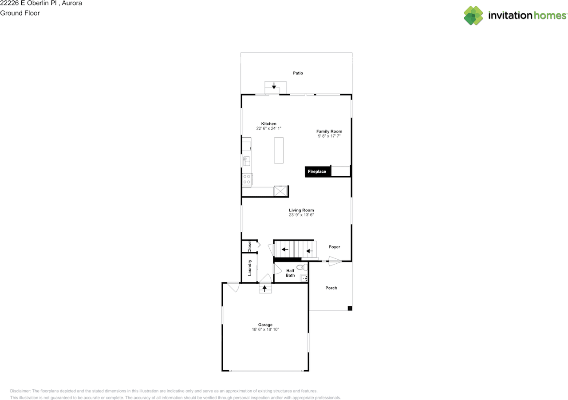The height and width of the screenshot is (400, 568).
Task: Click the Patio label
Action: [x=298, y=73]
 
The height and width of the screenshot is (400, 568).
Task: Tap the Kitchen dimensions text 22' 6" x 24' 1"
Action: [x=268, y=128]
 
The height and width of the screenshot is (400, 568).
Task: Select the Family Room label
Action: [x=329, y=131]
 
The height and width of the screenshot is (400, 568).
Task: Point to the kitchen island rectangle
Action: [x=279, y=150]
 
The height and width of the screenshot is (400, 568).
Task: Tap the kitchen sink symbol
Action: [x=246, y=161]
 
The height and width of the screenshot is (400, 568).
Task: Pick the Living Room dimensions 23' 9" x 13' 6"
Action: [x=301, y=215]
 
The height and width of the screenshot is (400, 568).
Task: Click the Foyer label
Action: [x=335, y=247]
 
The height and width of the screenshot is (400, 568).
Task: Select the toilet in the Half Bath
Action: [x=302, y=267]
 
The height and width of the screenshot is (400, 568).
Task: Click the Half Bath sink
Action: [x=304, y=278]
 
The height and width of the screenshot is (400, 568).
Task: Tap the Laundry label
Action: [x=249, y=268]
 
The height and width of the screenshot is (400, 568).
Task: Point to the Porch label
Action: [x=331, y=288]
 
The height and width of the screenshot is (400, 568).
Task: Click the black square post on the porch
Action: [x=350, y=309]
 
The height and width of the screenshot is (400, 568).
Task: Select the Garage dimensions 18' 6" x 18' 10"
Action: [x=265, y=329]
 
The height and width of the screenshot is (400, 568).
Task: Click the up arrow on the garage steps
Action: [x=264, y=289]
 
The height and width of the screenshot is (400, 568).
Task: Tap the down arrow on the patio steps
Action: [x=274, y=86]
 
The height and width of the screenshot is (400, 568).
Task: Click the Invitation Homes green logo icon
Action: [x=473, y=16]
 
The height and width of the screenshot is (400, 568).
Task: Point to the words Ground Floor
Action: [x=20, y=13]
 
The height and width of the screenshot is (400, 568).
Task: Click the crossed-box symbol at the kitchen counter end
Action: [x=280, y=191]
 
